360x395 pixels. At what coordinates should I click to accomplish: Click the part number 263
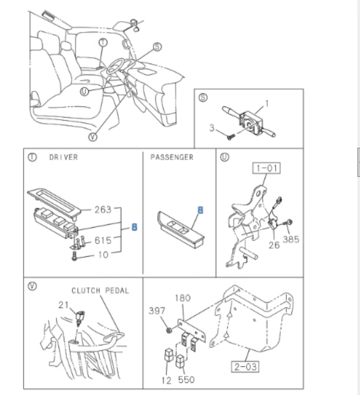click(x=103, y=208)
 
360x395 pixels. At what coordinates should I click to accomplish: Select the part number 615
click(x=103, y=241)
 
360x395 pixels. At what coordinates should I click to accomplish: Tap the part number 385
click(x=291, y=238)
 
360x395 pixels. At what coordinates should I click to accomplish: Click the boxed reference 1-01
click(x=267, y=168)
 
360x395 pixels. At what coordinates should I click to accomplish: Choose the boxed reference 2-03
click(x=245, y=366)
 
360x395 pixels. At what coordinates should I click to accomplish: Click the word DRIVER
click(x=63, y=157)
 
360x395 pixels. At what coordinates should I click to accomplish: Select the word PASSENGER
click(x=172, y=157)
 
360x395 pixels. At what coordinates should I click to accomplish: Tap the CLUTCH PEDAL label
click(x=100, y=291)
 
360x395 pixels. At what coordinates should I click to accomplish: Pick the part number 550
click(x=186, y=380)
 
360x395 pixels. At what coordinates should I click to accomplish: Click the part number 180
click(x=183, y=298)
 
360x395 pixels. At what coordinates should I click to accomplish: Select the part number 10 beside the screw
click(x=103, y=254)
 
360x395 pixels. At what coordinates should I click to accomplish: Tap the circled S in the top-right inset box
click(x=203, y=98)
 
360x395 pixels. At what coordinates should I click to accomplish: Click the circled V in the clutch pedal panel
click(x=32, y=286)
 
